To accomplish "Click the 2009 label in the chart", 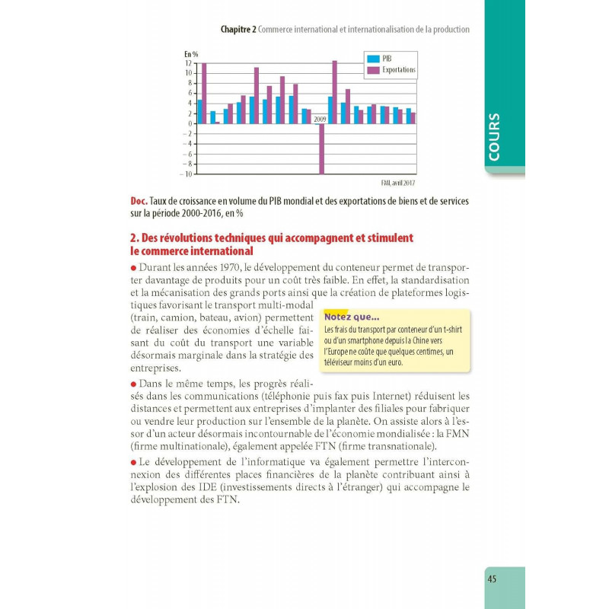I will coord(320,119).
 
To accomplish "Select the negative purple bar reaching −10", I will coord(321,149).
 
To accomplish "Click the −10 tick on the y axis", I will coord(186,174).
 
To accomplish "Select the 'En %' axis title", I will coord(191,54).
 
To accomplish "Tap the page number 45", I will coord(492,579).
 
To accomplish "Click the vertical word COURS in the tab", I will coord(495,136).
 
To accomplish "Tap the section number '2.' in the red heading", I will coord(135,238).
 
